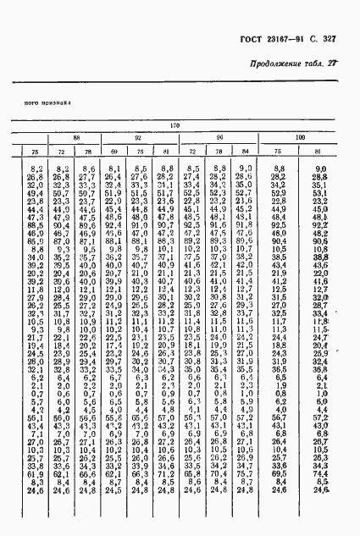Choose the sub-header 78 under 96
click(218, 151)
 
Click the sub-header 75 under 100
click(277, 151)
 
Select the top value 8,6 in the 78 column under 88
click(88, 169)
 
